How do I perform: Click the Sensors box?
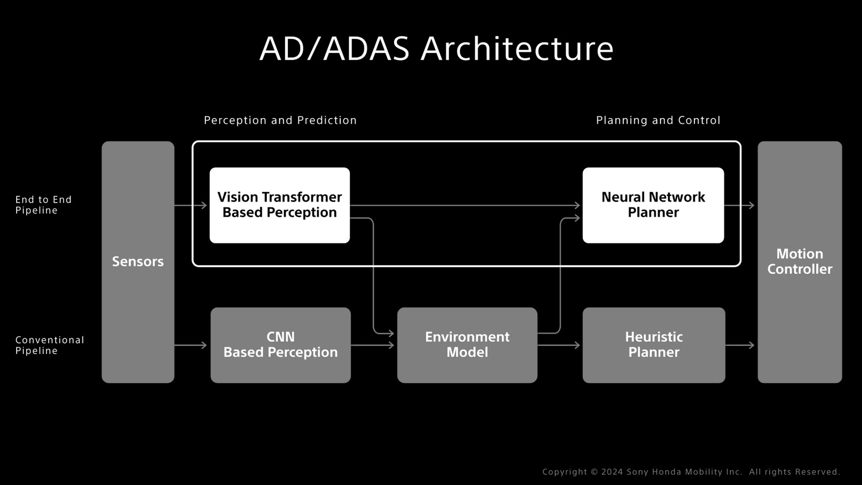point(138,262)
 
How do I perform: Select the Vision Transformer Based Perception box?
point(280,205)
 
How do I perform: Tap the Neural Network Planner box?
point(653,205)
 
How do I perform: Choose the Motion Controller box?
point(799,262)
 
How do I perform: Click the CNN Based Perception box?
point(280,345)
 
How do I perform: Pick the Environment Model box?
point(467,345)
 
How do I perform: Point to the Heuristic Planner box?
point(654,345)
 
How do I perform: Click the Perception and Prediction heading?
point(280,120)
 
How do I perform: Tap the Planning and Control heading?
point(658,120)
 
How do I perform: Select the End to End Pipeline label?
point(44,205)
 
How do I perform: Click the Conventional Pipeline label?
point(50,345)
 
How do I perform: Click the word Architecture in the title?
point(517,48)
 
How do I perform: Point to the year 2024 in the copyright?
point(612,472)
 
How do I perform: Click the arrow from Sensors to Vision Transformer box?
point(190,205)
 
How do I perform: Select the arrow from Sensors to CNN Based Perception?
point(190,345)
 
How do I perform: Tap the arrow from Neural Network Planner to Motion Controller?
point(739,205)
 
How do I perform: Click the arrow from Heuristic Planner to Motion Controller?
point(740,345)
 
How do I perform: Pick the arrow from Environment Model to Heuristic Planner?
point(558,345)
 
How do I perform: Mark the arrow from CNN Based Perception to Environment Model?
point(372,345)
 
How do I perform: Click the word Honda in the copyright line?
point(661,472)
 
